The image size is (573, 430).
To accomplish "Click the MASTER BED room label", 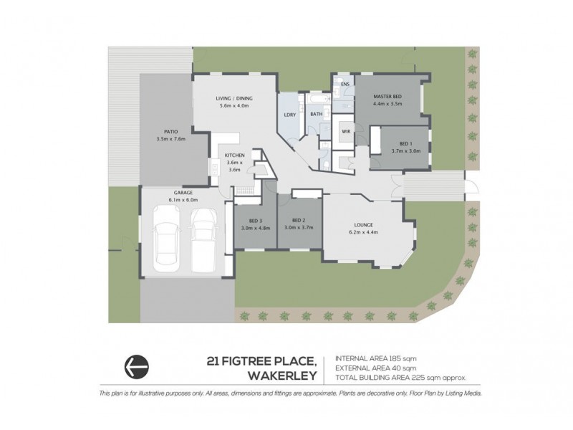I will pyautogui.click(x=387, y=97).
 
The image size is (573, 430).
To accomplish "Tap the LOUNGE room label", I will pyautogui.click(x=362, y=224).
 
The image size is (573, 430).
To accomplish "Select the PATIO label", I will pyautogui.click(x=170, y=132).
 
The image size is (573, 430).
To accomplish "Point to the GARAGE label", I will pyautogui.click(x=182, y=193).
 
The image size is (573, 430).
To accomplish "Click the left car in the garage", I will pyautogui.click(x=168, y=242).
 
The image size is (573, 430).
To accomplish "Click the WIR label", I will pyautogui.click(x=345, y=132).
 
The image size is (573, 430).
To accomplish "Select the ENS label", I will pyautogui.click(x=345, y=85).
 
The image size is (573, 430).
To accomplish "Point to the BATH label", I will pyautogui.click(x=316, y=114).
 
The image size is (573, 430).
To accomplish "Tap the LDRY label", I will pyautogui.click(x=290, y=114).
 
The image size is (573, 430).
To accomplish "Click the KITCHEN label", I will pyautogui.click(x=234, y=156).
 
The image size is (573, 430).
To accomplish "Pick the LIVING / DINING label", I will pyautogui.click(x=235, y=99).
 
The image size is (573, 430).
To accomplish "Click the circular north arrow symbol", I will pyautogui.click(x=137, y=366).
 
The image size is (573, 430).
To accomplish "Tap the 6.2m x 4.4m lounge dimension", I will pyautogui.click(x=362, y=232).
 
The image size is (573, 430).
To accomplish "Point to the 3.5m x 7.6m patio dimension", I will pyautogui.click(x=170, y=139).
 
